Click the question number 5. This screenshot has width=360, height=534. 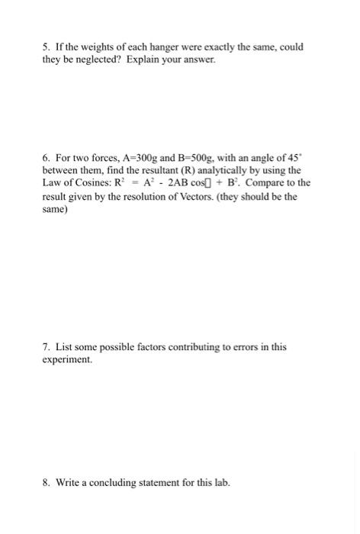pyautogui.click(x=45, y=47)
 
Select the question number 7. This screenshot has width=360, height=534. pyautogui.click(x=45, y=346)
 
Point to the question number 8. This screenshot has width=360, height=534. pyautogui.click(x=45, y=483)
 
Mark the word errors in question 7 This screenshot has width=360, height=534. pyautogui.click(x=243, y=346)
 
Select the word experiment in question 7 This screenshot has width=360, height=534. pyautogui.click(x=66, y=358)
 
